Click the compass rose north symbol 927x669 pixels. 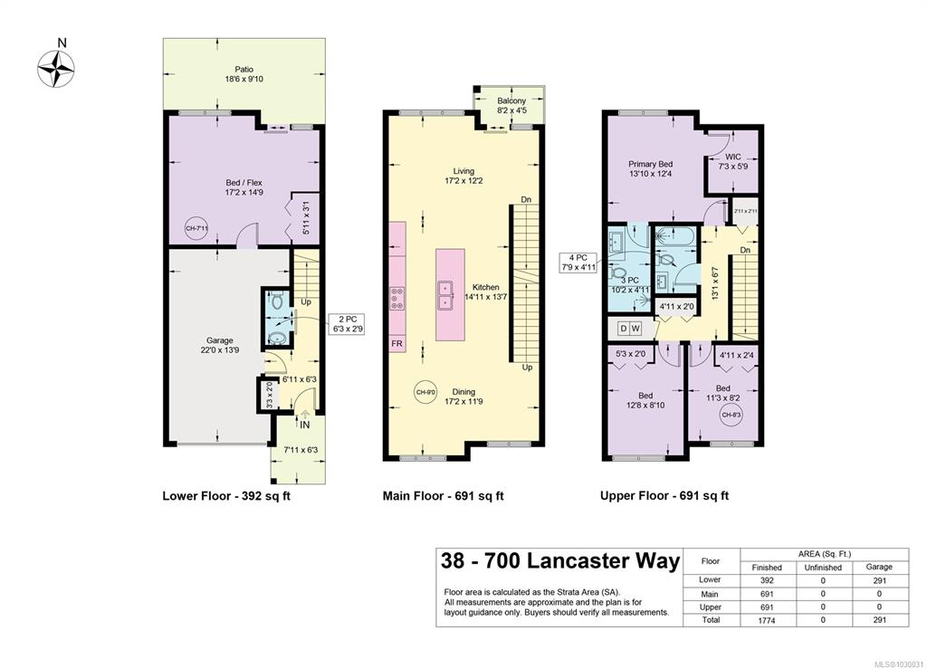pos(56,69)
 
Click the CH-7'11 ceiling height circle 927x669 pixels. pos(196,228)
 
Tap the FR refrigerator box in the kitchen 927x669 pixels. pos(397,343)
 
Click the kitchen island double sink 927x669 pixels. pos(444,295)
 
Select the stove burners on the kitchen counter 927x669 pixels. pos(397,299)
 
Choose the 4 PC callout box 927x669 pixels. pos(578,263)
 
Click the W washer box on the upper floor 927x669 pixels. pos(636,328)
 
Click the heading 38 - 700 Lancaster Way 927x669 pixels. pos(559,559)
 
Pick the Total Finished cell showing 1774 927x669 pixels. pos(766,620)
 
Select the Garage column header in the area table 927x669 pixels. pos(879,567)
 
